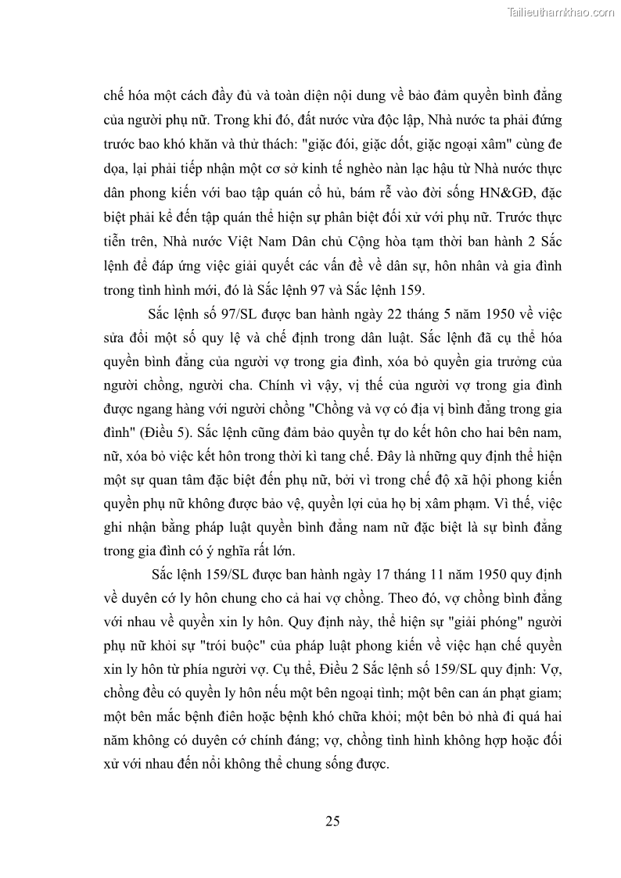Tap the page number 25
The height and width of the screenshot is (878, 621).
click(x=332, y=820)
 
